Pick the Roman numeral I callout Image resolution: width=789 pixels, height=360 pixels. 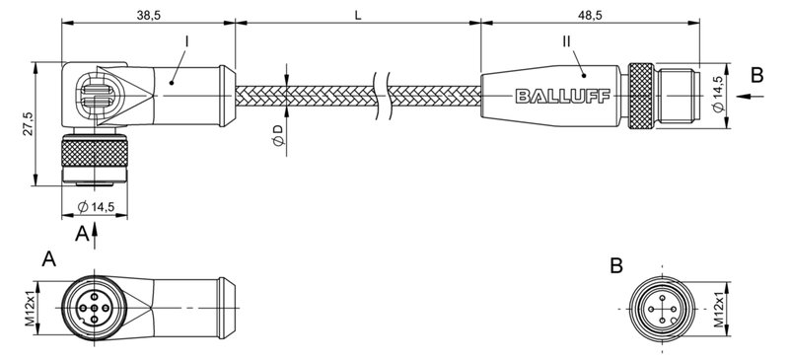[x=186, y=42]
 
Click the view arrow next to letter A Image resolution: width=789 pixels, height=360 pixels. [x=94, y=234]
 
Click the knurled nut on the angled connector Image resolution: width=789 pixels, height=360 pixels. [x=93, y=154]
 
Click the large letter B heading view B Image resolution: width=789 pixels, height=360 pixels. [x=616, y=264]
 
